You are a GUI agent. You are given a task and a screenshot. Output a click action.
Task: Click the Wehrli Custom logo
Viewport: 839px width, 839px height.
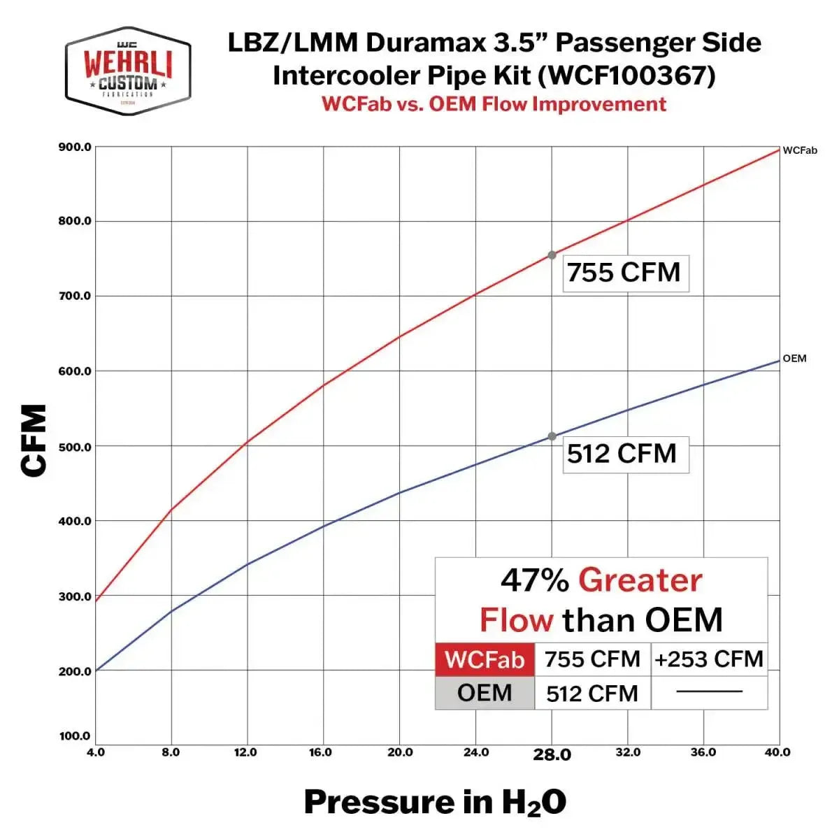(x=128, y=71)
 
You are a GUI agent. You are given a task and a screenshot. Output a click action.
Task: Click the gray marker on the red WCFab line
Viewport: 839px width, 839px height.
(x=552, y=255)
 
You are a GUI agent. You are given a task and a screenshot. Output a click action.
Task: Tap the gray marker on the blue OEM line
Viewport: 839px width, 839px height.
(x=552, y=436)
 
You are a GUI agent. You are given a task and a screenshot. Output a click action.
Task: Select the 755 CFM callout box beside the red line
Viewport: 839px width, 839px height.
(x=624, y=273)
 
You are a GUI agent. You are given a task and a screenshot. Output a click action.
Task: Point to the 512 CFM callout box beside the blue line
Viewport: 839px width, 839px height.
(x=624, y=454)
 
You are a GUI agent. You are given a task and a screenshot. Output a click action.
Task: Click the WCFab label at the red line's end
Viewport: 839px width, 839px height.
(x=799, y=150)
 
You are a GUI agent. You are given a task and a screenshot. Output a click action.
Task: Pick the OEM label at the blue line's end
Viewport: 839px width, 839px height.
(x=794, y=359)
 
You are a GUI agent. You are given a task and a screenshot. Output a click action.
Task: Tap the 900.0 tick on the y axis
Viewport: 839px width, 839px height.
(x=75, y=147)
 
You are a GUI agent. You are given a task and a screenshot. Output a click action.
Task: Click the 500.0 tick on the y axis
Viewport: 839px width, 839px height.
(x=75, y=447)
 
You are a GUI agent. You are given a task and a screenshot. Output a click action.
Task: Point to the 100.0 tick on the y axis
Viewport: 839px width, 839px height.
(x=75, y=736)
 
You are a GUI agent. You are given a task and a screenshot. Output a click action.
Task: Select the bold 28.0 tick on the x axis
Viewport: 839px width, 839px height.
(x=552, y=754)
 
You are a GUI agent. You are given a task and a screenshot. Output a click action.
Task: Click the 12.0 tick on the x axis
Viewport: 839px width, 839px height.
(x=245, y=752)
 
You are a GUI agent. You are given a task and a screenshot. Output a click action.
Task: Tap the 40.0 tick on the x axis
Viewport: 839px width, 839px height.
(x=777, y=752)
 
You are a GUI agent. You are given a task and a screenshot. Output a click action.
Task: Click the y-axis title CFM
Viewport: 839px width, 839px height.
(x=34, y=440)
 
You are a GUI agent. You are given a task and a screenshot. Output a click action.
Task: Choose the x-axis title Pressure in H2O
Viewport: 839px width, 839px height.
(x=435, y=802)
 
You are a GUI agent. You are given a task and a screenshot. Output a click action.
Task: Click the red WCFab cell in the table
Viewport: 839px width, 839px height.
(x=485, y=659)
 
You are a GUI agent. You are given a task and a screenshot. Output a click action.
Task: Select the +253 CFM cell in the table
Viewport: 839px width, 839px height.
(x=709, y=659)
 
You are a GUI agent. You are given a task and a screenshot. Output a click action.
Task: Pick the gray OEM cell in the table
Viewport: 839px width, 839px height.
(x=485, y=693)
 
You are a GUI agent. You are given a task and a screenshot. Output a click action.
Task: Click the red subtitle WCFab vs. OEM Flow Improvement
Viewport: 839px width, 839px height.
(x=494, y=104)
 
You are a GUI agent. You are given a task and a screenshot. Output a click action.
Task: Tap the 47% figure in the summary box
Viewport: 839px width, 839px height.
(x=534, y=580)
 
